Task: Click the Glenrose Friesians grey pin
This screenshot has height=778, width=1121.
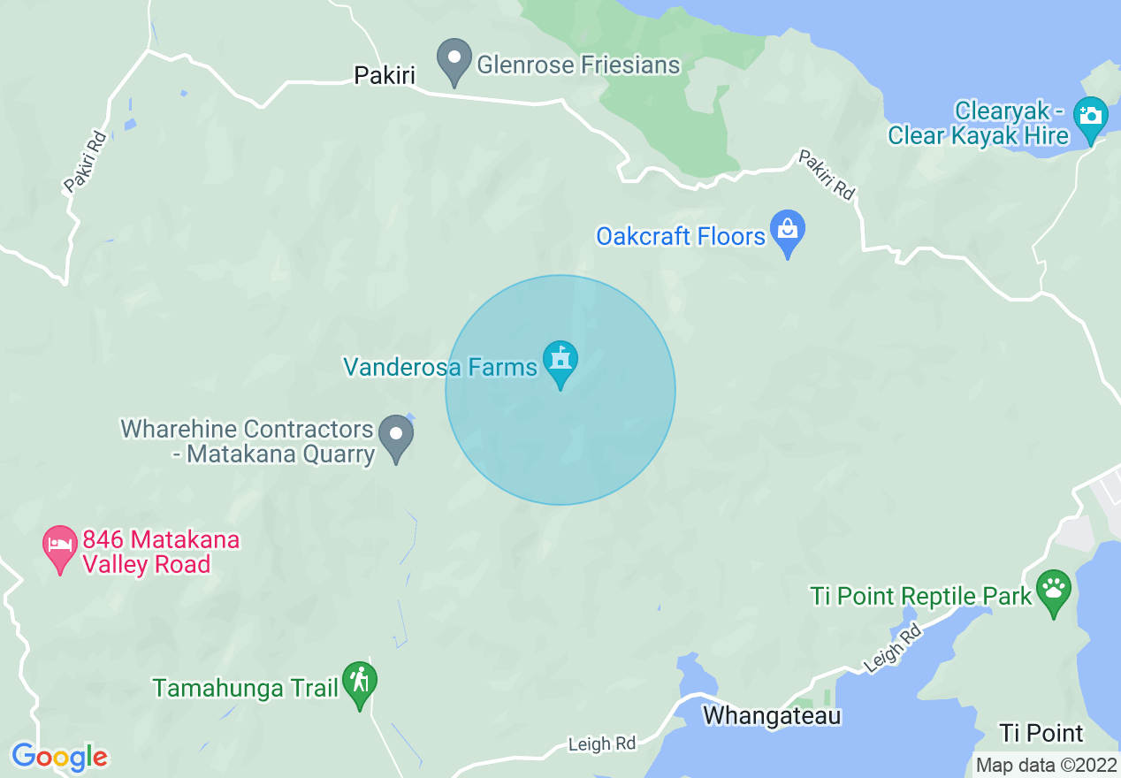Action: pyautogui.click(x=454, y=61)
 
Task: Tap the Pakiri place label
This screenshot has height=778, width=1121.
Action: pyautogui.click(x=385, y=75)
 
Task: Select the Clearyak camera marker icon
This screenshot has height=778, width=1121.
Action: pyautogui.click(x=1090, y=118)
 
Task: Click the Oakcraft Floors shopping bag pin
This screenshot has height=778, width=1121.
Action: pyautogui.click(x=787, y=233)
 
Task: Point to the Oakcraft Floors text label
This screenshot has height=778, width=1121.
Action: pyautogui.click(x=680, y=236)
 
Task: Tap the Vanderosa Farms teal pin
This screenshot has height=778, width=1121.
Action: pyautogui.click(x=560, y=362)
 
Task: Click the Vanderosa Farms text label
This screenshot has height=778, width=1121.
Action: pyautogui.click(x=440, y=367)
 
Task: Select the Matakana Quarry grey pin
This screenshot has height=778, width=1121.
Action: pyautogui.click(x=396, y=436)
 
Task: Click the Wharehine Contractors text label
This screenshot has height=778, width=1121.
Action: pyautogui.click(x=248, y=430)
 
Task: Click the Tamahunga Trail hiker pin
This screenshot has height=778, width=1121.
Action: pyautogui.click(x=359, y=683)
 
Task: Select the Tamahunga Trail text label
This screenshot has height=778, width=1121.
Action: pyautogui.click(x=245, y=688)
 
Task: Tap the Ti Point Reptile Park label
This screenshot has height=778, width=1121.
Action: pyautogui.click(x=921, y=596)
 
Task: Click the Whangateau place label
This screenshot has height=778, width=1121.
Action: pyautogui.click(x=772, y=715)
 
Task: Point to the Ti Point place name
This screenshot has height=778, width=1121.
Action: pyautogui.click(x=1041, y=733)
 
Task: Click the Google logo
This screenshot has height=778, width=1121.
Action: pyautogui.click(x=59, y=757)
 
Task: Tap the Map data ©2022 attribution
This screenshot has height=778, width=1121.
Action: pyautogui.click(x=1045, y=765)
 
